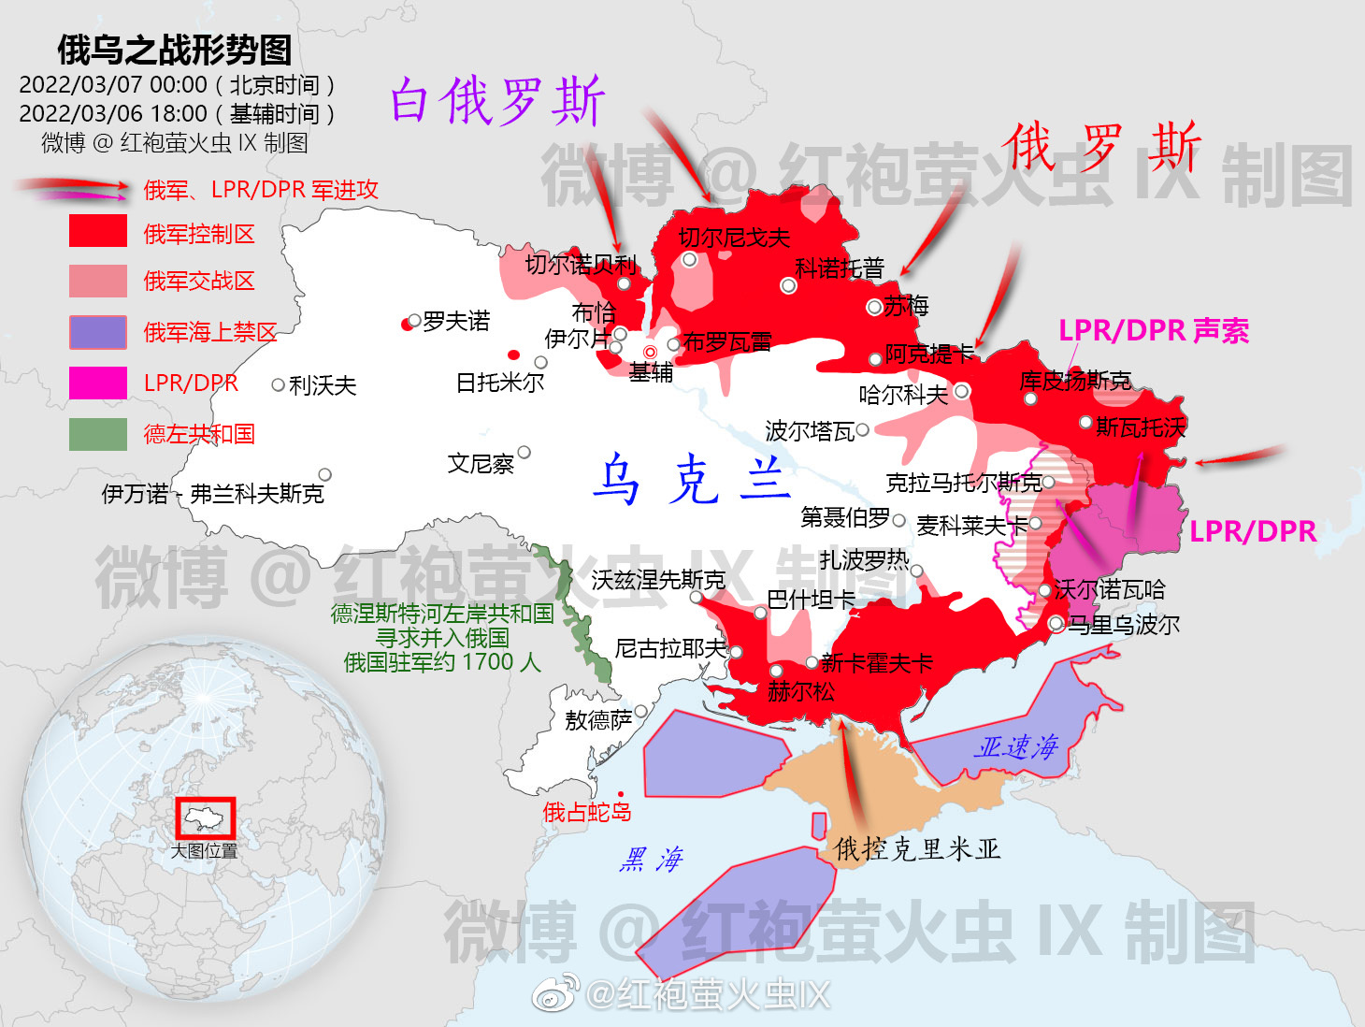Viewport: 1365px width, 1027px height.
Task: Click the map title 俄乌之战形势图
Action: click(175, 51)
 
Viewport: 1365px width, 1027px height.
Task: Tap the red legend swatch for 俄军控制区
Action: click(98, 231)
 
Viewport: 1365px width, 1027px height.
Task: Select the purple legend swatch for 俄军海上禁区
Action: click(98, 332)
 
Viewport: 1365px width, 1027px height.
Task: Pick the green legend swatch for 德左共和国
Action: click(98, 434)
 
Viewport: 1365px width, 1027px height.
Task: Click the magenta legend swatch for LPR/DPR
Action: click(98, 383)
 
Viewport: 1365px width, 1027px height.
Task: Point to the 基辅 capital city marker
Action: click(651, 352)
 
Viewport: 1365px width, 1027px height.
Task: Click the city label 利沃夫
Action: click(323, 385)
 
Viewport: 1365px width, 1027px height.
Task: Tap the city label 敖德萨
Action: click(598, 720)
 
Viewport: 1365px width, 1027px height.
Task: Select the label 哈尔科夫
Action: click(903, 395)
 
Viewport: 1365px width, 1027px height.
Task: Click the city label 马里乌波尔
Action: click(1124, 625)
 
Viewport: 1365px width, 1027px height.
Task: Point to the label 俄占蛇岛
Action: click(587, 812)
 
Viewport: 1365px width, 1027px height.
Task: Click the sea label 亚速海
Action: click(1016, 746)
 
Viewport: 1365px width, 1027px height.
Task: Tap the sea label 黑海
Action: click(652, 859)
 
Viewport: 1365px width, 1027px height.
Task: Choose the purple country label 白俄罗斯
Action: click(497, 101)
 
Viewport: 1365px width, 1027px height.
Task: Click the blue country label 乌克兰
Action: click(693, 480)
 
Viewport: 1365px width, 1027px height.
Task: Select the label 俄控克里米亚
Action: click(917, 849)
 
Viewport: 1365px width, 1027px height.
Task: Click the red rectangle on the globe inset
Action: click(206, 818)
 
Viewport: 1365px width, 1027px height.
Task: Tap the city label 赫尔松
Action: click(800, 692)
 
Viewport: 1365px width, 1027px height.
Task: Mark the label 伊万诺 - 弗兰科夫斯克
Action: click(213, 494)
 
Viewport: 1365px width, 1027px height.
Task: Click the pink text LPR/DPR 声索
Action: click(1154, 331)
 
